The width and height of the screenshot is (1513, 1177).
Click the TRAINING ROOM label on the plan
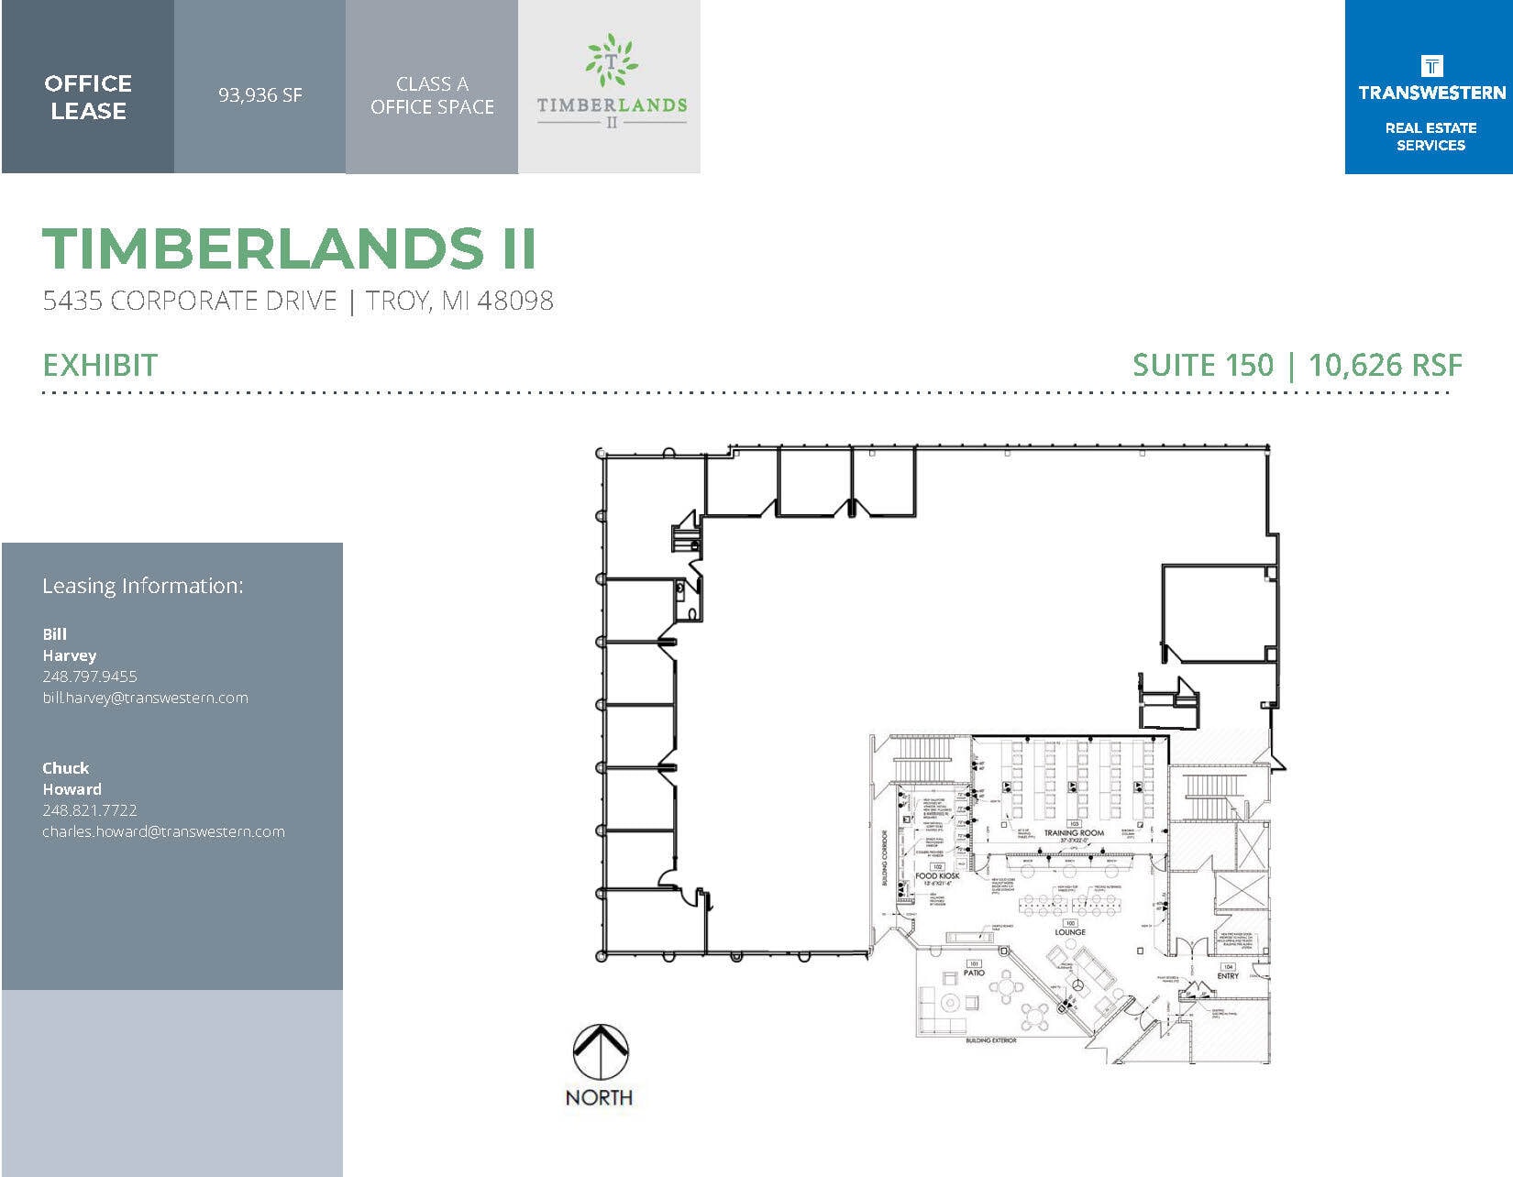[1074, 833]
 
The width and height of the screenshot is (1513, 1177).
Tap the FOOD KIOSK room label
[937, 875]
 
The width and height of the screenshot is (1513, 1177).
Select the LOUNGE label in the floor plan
[1069, 932]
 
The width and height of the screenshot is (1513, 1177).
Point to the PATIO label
[974, 973]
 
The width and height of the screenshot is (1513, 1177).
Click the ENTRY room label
[1228, 976]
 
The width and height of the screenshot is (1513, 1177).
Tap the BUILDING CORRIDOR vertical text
[886, 858]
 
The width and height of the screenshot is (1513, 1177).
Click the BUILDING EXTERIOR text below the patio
[991, 1041]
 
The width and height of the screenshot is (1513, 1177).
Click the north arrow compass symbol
[601, 1050]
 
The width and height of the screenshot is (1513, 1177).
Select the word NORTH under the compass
[599, 1097]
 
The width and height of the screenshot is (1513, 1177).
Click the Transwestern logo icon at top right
[1430, 66]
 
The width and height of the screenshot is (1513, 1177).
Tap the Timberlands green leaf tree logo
[611, 60]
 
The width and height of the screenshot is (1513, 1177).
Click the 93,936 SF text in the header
[260, 95]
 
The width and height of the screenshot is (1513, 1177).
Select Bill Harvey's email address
[145, 698]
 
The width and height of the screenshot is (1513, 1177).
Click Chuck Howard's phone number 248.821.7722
[90, 810]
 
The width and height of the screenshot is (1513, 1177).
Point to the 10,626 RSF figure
[1385, 365]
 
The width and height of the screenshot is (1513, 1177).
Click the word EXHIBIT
[100, 365]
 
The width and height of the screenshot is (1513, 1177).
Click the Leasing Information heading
[143, 586]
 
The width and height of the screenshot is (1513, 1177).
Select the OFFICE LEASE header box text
[88, 97]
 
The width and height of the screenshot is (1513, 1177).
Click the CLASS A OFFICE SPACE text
[432, 95]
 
